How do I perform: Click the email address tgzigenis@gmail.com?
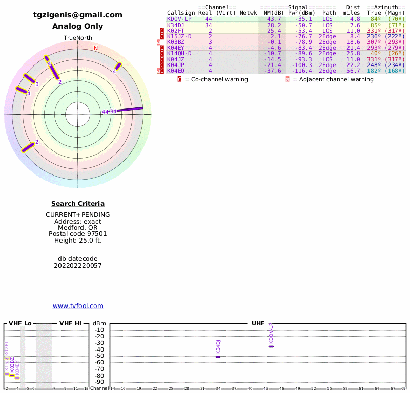coord(78,15)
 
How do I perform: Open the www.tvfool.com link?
coord(78,306)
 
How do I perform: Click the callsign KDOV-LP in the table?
coord(179,19)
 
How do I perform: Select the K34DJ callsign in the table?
coord(175,25)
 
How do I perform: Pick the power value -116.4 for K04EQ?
coord(300,71)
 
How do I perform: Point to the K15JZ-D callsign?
coord(179,36)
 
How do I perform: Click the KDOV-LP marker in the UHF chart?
coord(271,346)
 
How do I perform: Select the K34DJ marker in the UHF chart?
coord(218,357)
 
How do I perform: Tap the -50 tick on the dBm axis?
coord(99,356)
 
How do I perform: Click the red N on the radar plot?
coord(96,49)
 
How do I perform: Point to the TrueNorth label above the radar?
coord(77,38)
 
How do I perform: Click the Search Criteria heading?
coord(78,204)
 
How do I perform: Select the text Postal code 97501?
coord(78,234)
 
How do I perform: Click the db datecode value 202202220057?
coord(78,266)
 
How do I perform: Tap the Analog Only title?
coord(78,26)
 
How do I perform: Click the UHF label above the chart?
coord(258,324)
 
